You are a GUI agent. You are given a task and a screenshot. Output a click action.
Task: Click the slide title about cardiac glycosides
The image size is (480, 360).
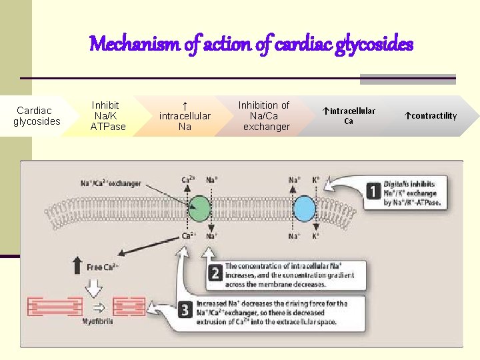pos(251,45)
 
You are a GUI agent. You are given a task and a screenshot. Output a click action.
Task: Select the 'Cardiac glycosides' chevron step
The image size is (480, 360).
pos(38,116)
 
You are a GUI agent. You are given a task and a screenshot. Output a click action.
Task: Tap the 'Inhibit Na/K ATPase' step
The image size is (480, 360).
pos(107,116)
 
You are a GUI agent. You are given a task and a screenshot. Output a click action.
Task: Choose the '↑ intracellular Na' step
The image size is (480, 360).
pos(185,116)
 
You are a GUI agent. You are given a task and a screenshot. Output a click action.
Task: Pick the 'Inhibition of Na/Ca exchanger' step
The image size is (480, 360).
pos(265,116)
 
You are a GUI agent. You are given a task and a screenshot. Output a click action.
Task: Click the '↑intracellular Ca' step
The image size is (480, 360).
pos(349,116)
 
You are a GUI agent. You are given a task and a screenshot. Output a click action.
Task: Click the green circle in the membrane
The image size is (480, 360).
pos(198,208)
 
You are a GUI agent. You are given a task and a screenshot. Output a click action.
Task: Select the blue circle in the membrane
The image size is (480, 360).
pos(304,208)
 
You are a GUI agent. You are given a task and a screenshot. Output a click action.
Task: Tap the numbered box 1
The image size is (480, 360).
pos(375,192)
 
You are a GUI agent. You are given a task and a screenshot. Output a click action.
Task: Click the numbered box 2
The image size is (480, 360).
pos(215,273)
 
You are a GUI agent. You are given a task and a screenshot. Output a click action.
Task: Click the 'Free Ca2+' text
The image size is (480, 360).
pos(103,267)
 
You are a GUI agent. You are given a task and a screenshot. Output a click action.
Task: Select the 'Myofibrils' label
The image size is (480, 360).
pos(97,321)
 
